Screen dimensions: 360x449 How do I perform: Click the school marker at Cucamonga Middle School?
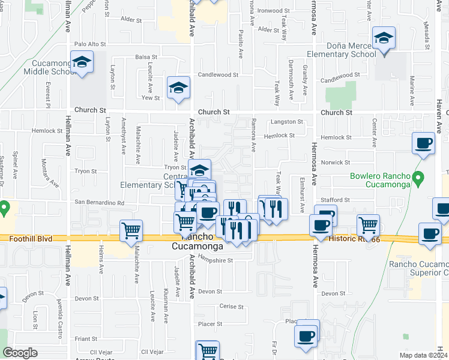point(82,62)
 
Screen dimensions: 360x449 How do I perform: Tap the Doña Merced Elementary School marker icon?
point(383,39)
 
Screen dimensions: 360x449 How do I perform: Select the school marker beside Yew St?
point(178,88)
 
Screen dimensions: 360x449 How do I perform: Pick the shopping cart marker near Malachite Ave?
point(131,230)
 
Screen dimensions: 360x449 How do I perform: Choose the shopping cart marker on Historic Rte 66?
point(368,225)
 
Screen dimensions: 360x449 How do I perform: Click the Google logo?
point(20,353)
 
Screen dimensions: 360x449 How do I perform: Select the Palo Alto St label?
point(90,44)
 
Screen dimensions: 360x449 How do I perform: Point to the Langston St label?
point(287,122)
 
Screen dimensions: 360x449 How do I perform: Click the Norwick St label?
point(335,163)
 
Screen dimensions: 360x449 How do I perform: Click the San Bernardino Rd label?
point(99,203)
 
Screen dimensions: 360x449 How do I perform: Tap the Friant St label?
point(86,338)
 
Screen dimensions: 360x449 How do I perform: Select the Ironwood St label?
point(273,11)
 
